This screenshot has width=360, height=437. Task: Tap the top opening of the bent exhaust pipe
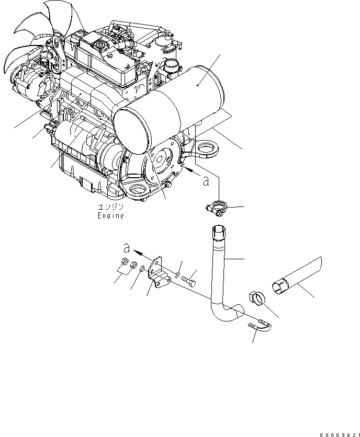click(x=219, y=229)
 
